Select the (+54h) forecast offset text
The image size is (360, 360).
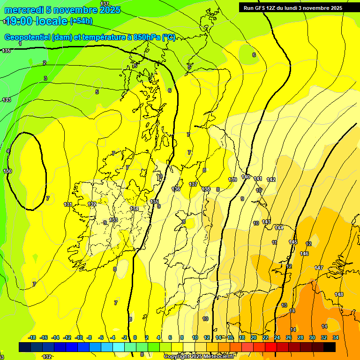pyautogui.click(x=81, y=21)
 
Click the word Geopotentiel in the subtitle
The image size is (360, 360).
pyautogui.click(x=27, y=37)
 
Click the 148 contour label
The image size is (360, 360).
pyautogui.click(x=339, y=294)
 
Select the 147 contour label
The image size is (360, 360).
pyautogui.click(x=319, y=268)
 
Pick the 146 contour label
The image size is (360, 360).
pyautogui.click(x=304, y=254)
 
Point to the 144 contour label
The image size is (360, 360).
pyautogui.click(x=279, y=228)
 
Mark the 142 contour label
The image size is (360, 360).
pyautogui.click(x=271, y=180)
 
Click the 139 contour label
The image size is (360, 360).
pyautogui.click(x=232, y=180)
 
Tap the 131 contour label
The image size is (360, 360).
pyautogui.click(x=68, y=204)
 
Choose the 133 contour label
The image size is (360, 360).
pyautogui.click(x=113, y=220)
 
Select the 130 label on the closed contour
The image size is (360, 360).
pyautogui.click(x=7, y=171)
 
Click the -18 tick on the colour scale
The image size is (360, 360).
pyautogui.click(x=32, y=337)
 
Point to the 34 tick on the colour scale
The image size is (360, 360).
pyautogui.click(x=336, y=337)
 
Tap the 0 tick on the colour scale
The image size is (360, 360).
pyautogui.click(x=135, y=337)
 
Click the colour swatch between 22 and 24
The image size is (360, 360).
pyautogui.click(x=271, y=347)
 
